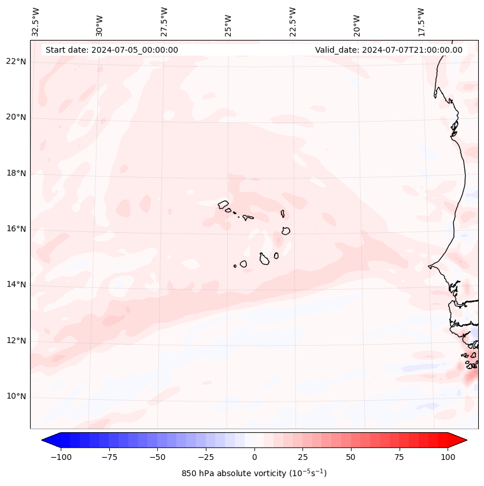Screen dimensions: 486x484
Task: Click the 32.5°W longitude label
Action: click(36, 21)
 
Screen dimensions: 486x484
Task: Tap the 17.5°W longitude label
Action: click(421, 21)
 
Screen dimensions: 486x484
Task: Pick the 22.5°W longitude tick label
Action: click(293, 21)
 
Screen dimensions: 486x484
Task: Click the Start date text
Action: click(112, 50)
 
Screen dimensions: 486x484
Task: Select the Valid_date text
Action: click(389, 50)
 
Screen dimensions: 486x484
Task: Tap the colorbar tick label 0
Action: click(254, 457)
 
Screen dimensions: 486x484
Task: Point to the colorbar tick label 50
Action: click(351, 457)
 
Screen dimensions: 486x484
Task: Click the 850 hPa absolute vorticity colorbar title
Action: click(254, 473)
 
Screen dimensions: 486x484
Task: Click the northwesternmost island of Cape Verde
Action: click(223, 204)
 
